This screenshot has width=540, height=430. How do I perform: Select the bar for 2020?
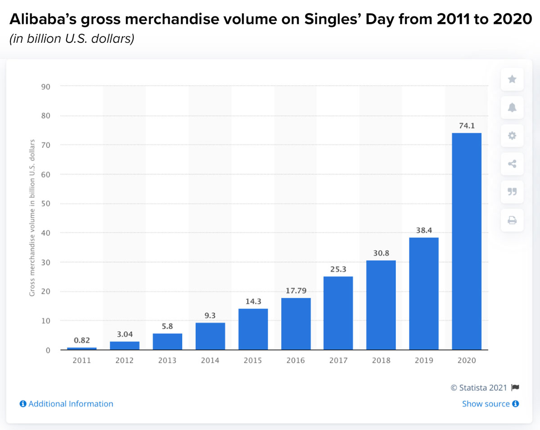(467, 241)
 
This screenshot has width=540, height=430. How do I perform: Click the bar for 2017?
(338, 313)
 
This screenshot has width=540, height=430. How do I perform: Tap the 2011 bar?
(81, 348)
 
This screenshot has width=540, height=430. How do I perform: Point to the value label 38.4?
(424, 230)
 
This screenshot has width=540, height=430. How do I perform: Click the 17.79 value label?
(296, 290)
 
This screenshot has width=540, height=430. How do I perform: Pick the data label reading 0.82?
(81, 340)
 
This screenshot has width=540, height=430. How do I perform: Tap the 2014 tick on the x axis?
(210, 361)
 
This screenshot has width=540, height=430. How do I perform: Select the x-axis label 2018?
(381, 361)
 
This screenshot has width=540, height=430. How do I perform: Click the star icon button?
(512, 79)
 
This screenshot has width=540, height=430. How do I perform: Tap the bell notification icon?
(512, 107)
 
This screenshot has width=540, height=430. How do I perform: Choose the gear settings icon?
(512, 136)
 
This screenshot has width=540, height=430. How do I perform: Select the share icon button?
(512, 164)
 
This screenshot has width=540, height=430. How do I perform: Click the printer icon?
(512, 220)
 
